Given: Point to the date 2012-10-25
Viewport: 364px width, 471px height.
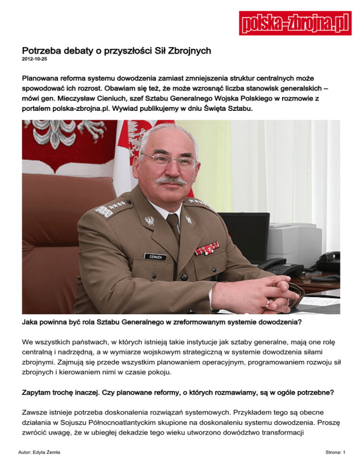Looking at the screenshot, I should [34, 60].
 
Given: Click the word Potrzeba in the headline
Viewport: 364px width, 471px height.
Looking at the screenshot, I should [44, 50].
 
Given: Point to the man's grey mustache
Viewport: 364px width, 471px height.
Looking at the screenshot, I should [172, 181].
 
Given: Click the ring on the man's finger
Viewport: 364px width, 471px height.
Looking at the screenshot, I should [268, 301].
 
